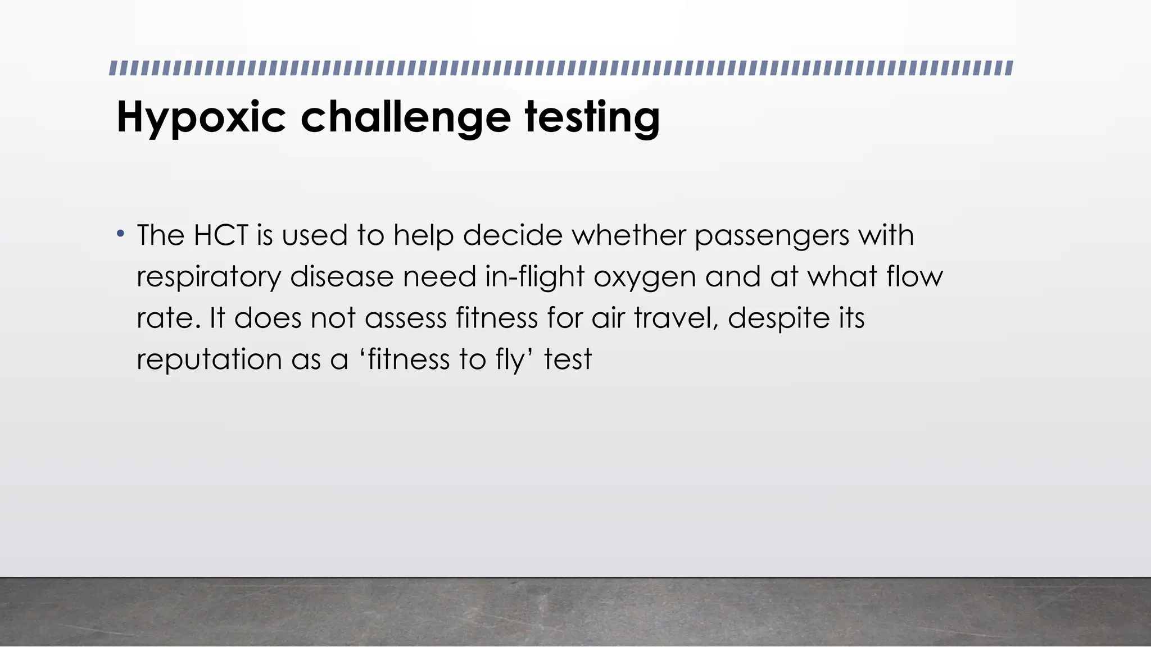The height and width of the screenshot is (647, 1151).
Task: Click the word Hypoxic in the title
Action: pos(201,117)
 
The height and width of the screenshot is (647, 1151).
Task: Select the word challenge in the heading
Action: pos(406,117)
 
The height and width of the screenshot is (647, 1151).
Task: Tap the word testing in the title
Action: pos(592,117)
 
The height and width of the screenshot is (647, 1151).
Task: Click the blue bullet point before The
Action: pos(120,233)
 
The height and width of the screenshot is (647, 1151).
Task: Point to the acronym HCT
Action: pos(220,235)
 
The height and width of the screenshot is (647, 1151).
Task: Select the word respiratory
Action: pos(209,277)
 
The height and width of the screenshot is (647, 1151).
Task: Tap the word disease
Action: pos(342,276)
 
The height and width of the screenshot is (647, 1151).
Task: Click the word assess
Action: pos(405,318)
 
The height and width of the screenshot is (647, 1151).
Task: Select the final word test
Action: pos(568,359)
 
